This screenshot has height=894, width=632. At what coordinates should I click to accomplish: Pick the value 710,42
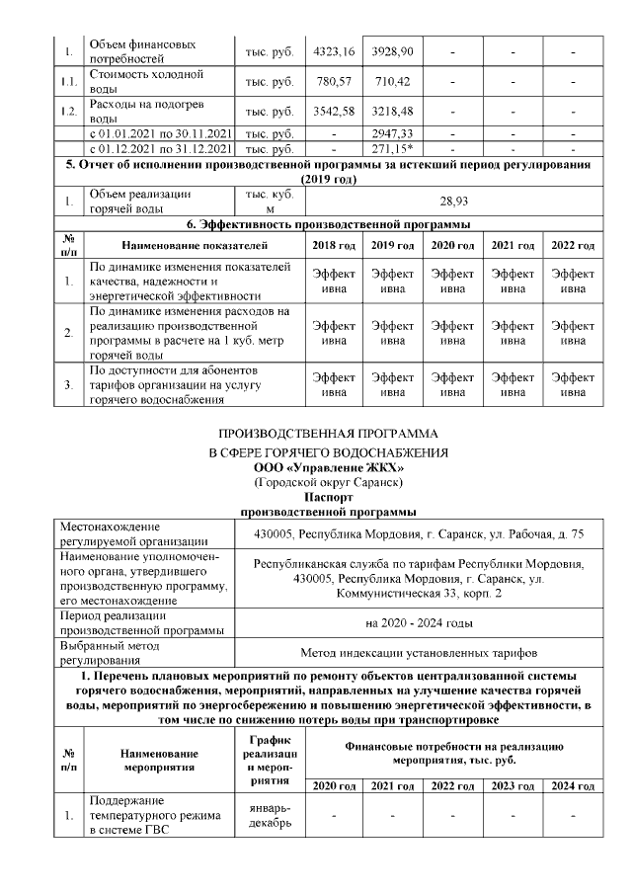[x=392, y=80]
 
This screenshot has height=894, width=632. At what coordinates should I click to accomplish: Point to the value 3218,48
[x=392, y=112]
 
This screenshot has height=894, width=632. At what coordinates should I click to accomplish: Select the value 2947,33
[x=392, y=133]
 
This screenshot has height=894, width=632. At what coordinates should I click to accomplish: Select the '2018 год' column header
[x=332, y=245]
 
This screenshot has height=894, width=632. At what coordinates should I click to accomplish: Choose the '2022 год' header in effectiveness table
[x=572, y=245]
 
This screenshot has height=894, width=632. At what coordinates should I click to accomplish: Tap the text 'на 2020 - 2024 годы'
[x=419, y=623]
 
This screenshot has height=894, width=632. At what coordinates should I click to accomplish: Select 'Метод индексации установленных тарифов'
[x=419, y=652]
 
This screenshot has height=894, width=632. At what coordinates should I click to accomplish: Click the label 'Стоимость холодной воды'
[x=146, y=80]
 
